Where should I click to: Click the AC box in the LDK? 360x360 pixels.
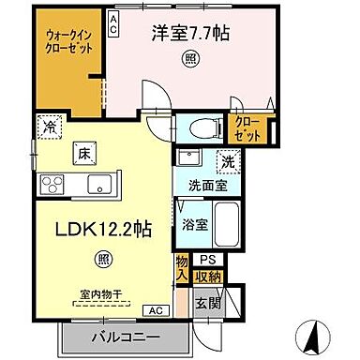pos(151,309)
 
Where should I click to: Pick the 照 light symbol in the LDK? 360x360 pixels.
pos(106,257)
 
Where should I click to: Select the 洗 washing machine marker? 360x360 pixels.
pos(226,161)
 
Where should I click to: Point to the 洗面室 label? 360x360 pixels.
pos(199,186)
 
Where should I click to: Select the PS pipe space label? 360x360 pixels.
pos(207,259)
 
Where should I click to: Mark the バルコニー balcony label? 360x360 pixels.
pos(126,336)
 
